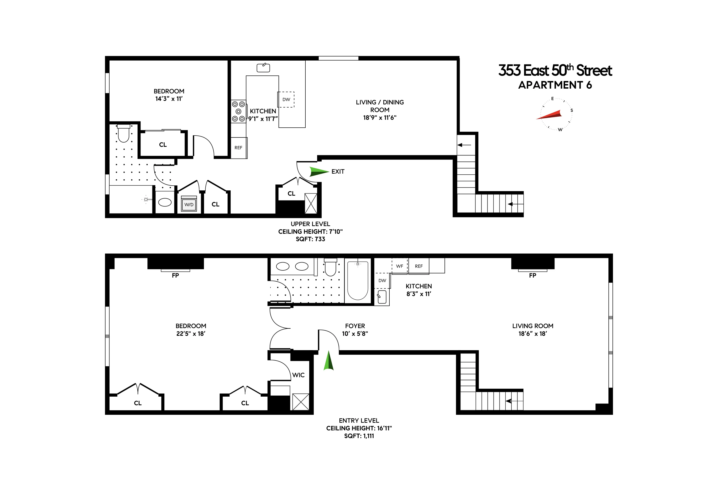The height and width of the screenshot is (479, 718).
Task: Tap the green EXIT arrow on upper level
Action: click(x=318, y=171)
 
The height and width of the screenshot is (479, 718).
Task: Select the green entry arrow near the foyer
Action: click(x=328, y=361)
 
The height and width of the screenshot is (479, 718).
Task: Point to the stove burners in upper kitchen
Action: click(x=238, y=112)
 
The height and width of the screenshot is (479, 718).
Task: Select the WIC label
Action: click(x=298, y=375)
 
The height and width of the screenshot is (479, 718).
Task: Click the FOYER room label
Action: click(x=355, y=326)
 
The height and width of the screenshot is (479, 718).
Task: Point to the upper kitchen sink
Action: click(x=263, y=68)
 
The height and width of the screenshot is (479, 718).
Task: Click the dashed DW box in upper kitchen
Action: click(x=286, y=100)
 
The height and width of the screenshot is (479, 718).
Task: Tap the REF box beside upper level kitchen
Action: click(x=238, y=148)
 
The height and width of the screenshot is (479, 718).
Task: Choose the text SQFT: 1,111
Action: click(x=359, y=436)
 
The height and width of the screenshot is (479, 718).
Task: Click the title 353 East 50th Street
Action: click(x=555, y=71)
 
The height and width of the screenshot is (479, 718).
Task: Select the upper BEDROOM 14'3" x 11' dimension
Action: click(x=169, y=99)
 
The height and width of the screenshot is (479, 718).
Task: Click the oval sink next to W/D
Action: click(x=165, y=202)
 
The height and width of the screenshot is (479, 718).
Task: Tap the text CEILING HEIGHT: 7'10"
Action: click(x=310, y=232)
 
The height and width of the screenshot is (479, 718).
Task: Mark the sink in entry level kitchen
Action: click(x=382, y=297)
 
